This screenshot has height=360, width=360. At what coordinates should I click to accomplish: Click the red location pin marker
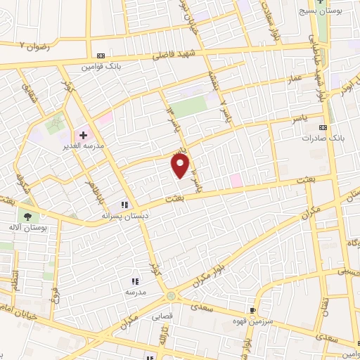181,165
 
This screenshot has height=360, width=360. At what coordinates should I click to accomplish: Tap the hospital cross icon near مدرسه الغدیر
83,134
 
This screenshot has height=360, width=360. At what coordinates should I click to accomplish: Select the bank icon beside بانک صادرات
323,127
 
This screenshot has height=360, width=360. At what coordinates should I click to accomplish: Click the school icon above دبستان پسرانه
125,205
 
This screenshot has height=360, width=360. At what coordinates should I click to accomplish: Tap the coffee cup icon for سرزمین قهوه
252,309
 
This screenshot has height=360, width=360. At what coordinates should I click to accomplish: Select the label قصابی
162,316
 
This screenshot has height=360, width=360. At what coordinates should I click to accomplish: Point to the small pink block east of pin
236,180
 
